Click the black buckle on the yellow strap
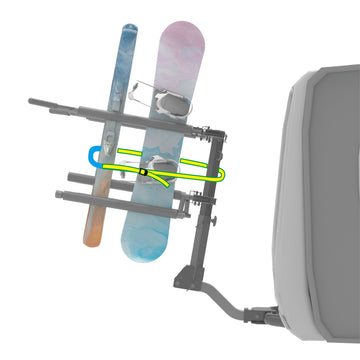click(144, 173)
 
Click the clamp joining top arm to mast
click(212, 133)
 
